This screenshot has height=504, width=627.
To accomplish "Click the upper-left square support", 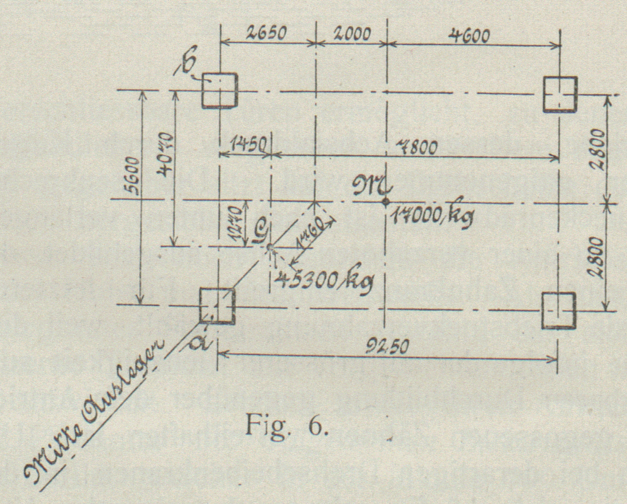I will [x=220, y=90].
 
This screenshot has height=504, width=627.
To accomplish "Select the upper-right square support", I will [x=560, y=94].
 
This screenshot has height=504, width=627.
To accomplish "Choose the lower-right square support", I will [x=559, y=310].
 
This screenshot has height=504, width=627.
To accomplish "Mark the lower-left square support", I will [x=217, y=306].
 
